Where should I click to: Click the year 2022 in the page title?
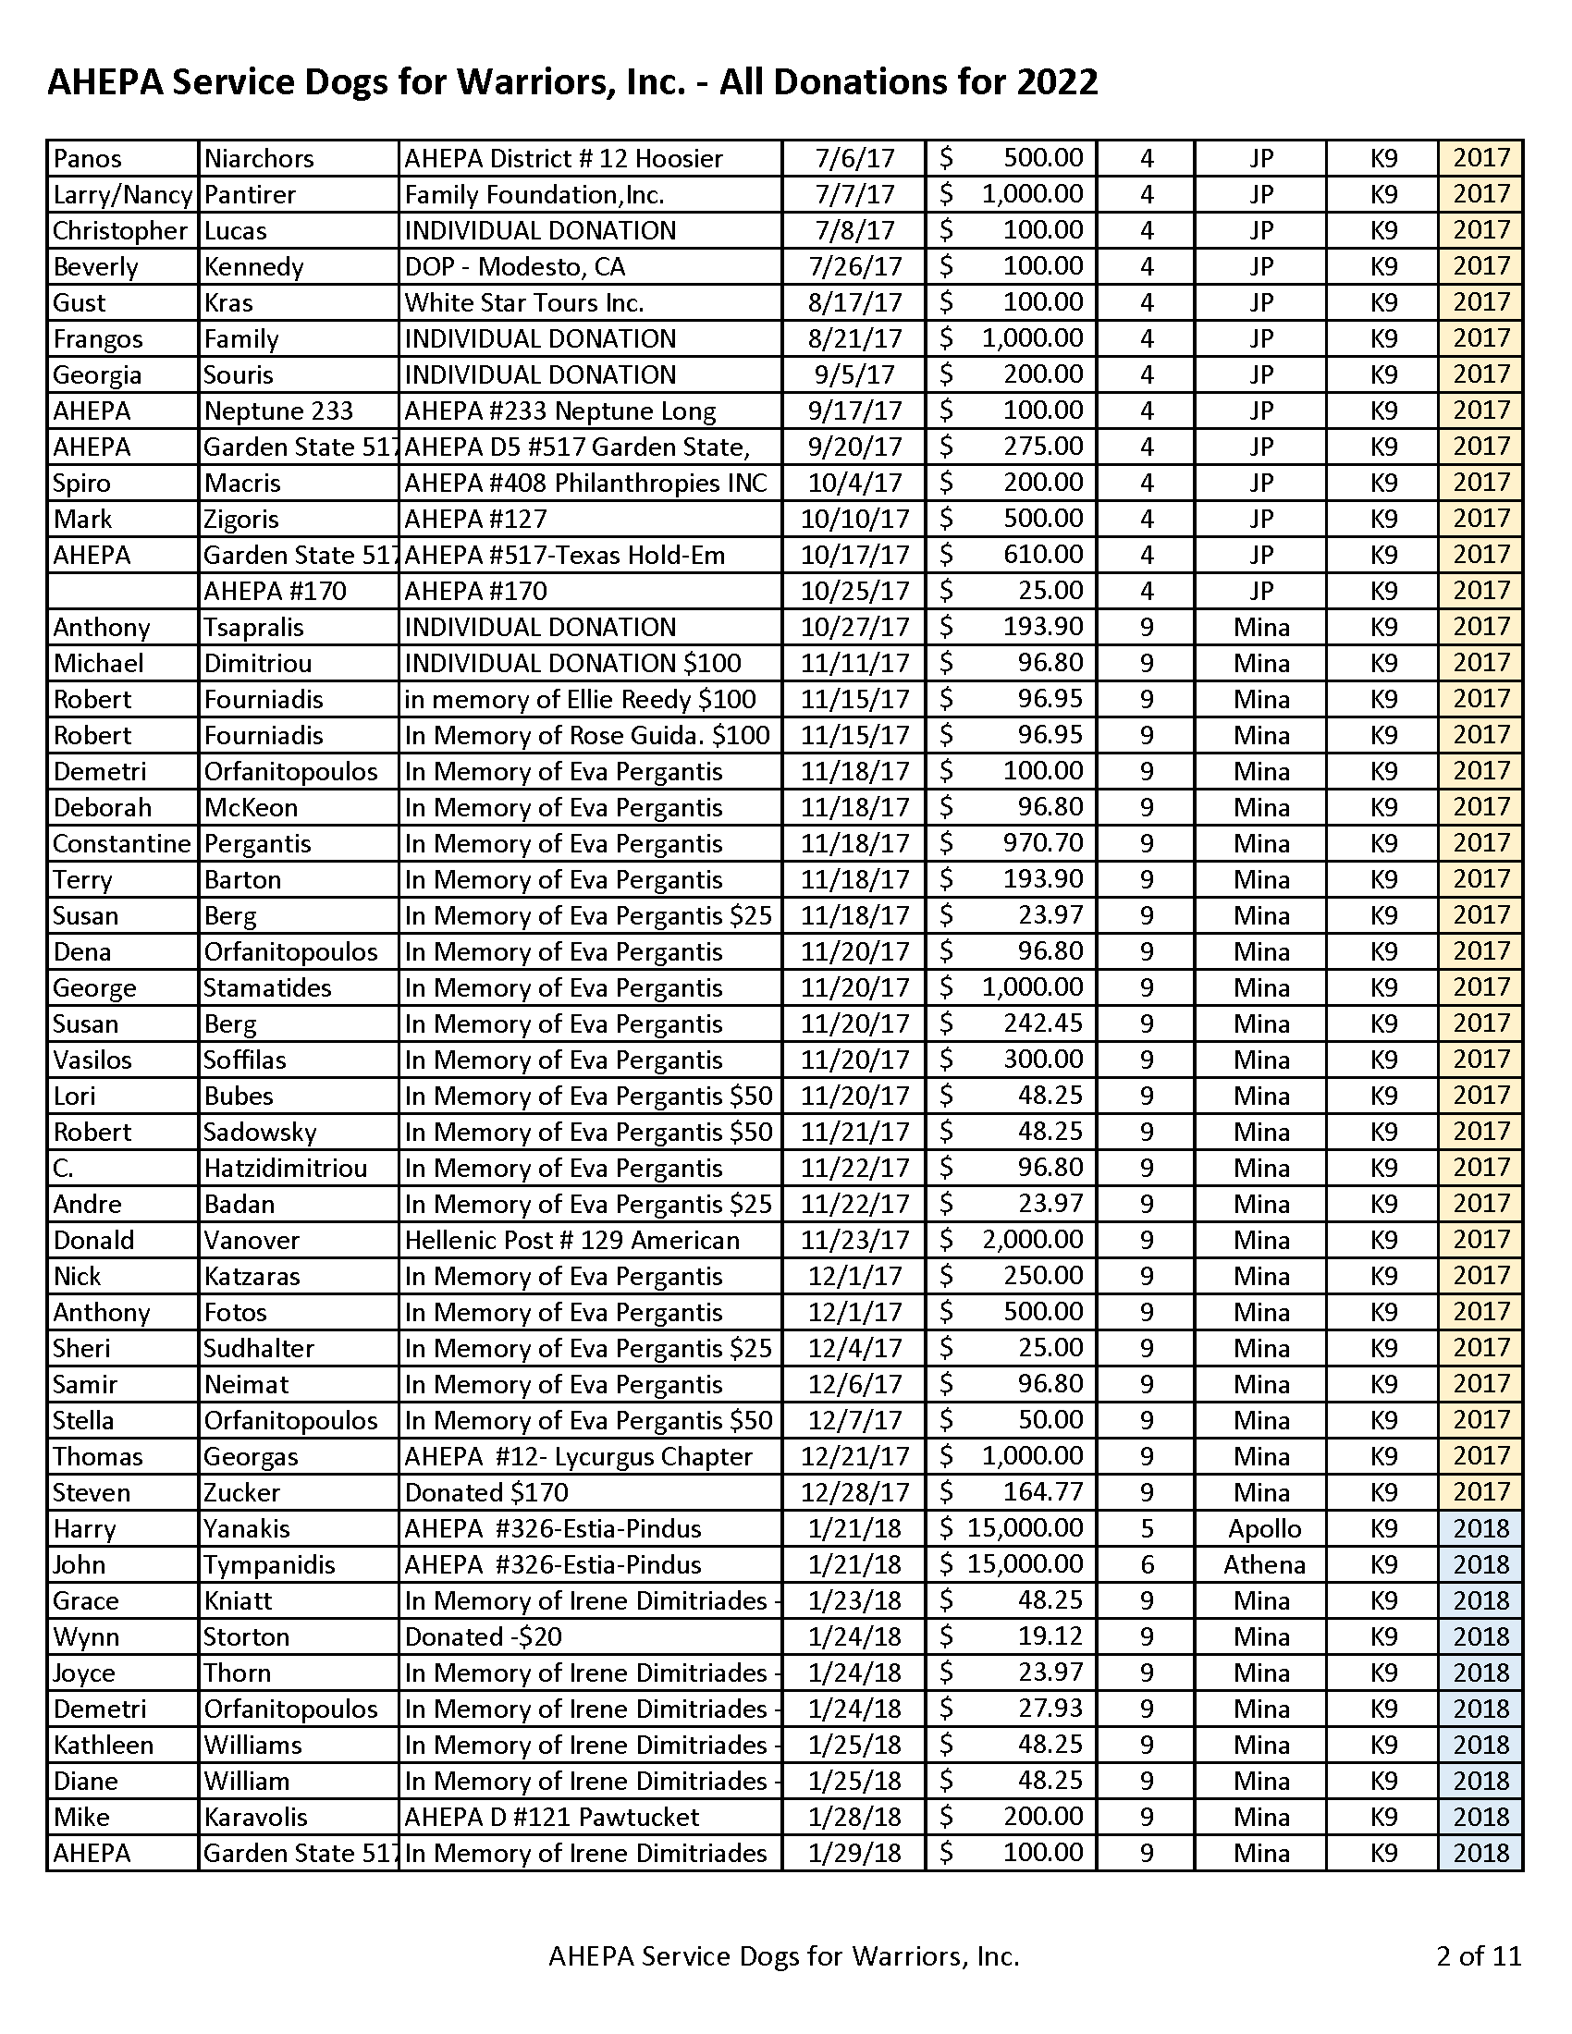[x=1056, y=83]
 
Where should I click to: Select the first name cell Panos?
[x=88, y=158]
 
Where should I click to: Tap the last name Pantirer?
[x=250, y=195]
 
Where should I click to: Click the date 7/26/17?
[x=855, y=267]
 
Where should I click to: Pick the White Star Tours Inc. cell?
[x=524, y=302]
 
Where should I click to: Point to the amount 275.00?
[x=1043, y=447]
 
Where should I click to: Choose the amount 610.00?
[x=1043, y=555]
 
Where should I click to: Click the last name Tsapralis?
[x=253, y=628]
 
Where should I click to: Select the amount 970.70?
[x=1043, y=844]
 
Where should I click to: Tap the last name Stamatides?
[x=267, y=988]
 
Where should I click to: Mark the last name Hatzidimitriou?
[x=285, y=1169]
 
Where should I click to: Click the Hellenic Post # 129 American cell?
[x=571, y=1241]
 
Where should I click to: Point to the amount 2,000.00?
[x=1032, y=1241]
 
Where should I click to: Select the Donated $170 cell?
[x=486, y=1493]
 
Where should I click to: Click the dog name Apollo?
[x=1264, y=1529]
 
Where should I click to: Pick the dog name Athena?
[x=1264, y=1565]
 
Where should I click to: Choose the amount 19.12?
[x=1050, y=1637]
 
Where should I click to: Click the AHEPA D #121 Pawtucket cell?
[x=551, y=1817]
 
